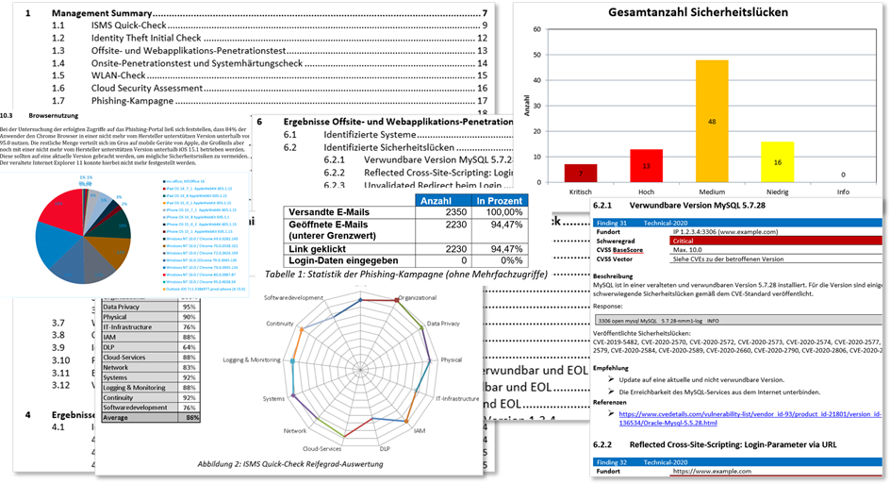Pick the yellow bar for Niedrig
pyautogui.click(x=777, y=161)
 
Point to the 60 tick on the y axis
pyautogui.click(x=537, y=29)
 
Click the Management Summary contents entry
pyautogui.click(x=104, y=13)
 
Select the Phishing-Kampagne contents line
pyautogui.click(x=131, y=100)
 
